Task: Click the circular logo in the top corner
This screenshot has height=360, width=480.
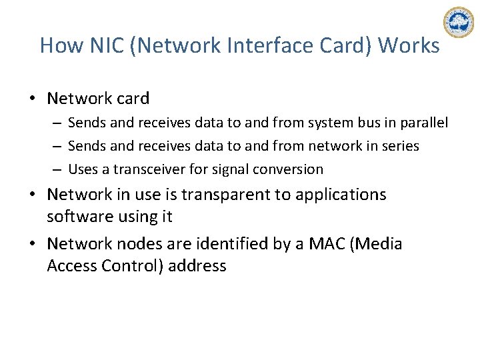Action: click(458, 23)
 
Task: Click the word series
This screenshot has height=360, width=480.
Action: click(399, 146)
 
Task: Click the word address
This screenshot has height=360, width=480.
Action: click(197, 265)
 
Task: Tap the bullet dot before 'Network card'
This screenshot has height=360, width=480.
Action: click(32, 99)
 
